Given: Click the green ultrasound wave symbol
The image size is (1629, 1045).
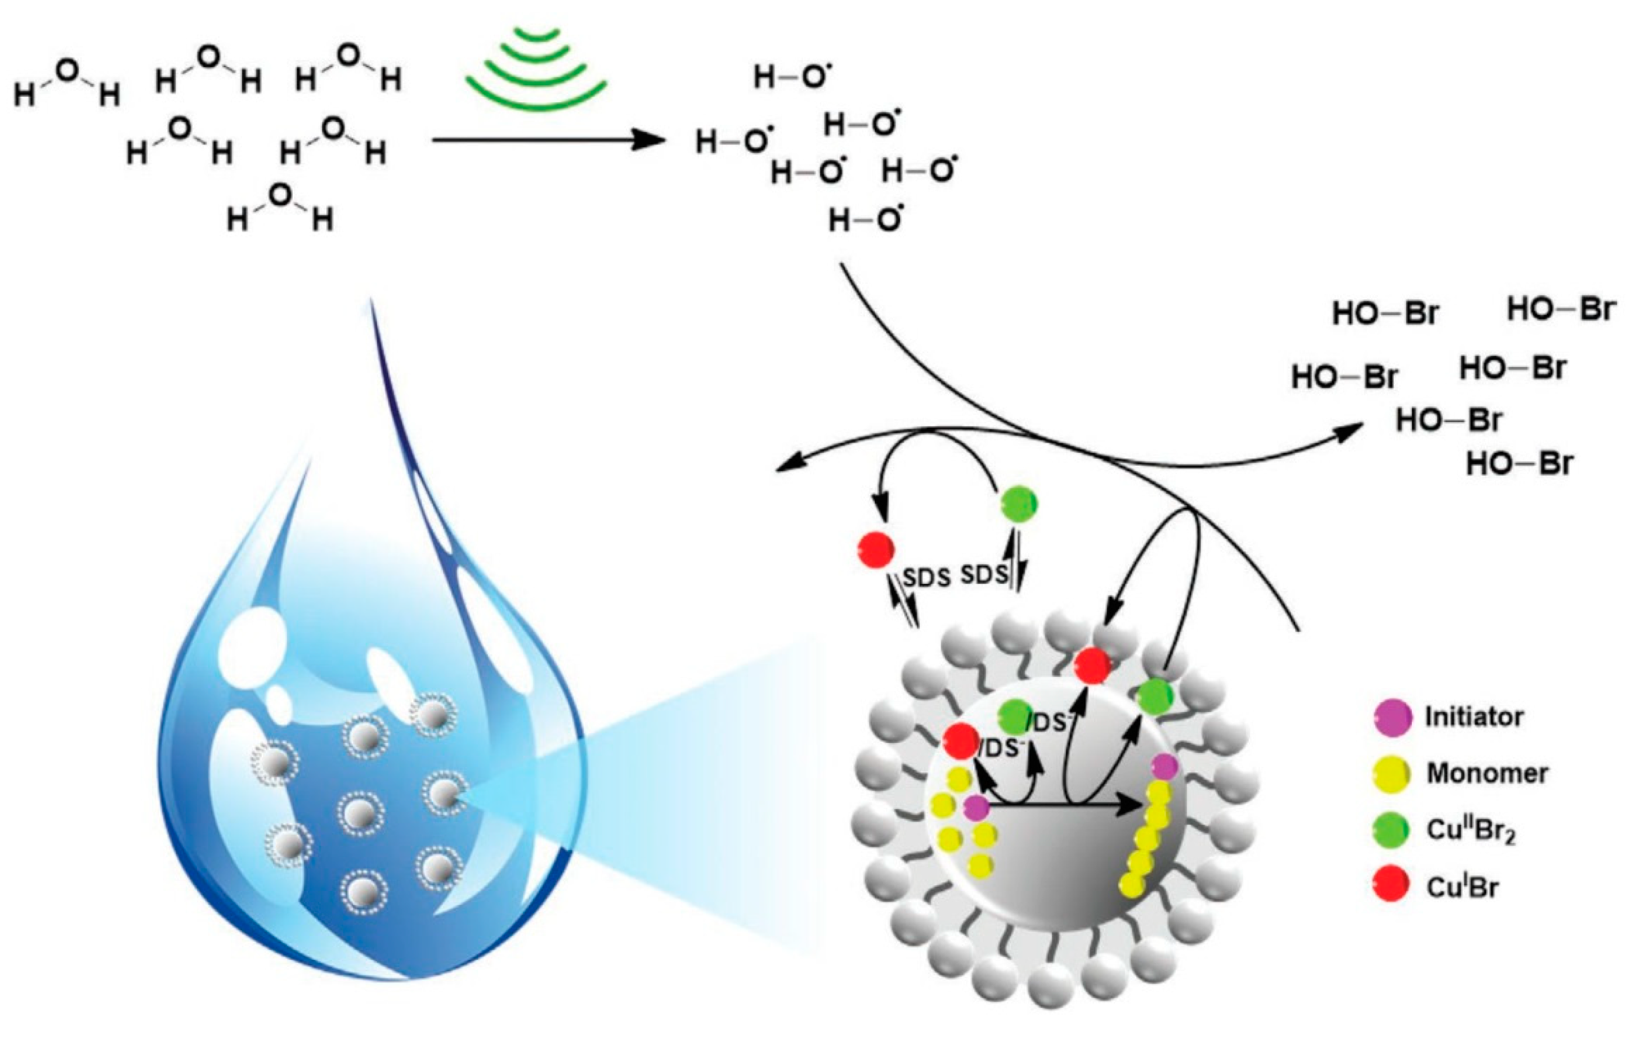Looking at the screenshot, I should (x=535, y=68).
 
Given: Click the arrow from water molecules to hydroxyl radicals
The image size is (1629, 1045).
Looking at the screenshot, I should (x=546, y=141).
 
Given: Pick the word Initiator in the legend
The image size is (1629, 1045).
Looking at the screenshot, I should (x=1473, y=717).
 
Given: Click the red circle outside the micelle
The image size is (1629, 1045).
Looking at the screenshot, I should (x=876, y=549).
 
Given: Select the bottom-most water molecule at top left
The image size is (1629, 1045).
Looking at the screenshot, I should (x=280, y=207).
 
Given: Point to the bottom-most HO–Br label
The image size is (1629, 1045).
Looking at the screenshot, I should (x=1519, y=464).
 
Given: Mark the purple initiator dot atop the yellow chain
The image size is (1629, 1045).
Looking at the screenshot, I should (x=1165, y=767).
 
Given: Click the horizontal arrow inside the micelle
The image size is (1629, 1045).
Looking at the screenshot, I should (x=1065, y=806).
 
